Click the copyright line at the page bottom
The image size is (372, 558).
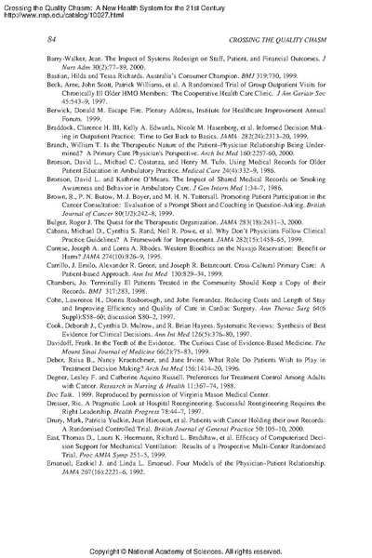click(x=186, y=549)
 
